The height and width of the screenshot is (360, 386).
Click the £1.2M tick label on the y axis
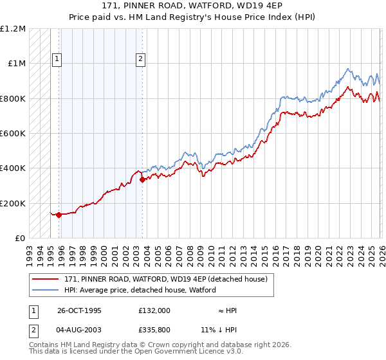coord(13,29)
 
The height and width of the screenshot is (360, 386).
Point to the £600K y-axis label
coord(13,134)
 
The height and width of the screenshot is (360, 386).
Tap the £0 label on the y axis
coord(19,239)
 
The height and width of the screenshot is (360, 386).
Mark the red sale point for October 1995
coord(59,215)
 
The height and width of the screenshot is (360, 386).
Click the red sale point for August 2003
coord(142,180)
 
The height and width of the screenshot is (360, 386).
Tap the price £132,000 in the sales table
coord(154,310)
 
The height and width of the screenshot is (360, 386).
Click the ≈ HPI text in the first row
coord(228,310)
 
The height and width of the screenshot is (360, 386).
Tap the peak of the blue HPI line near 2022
coord(348,68)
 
